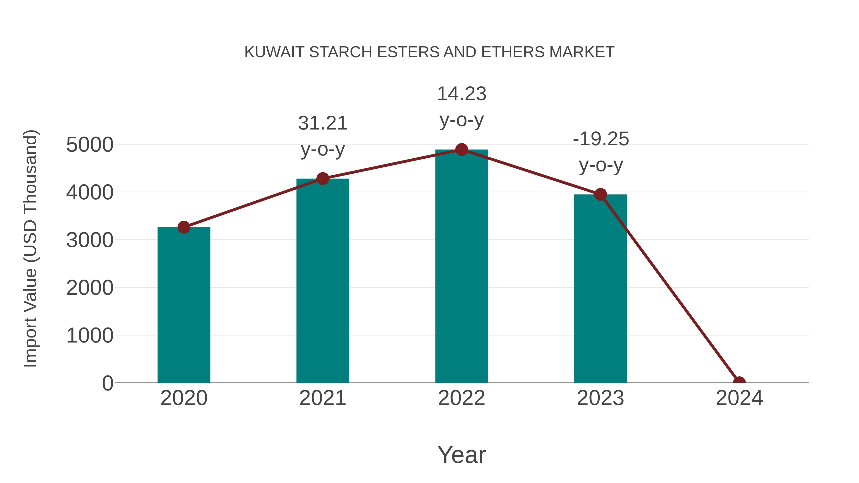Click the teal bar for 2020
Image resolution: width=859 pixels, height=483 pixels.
184,305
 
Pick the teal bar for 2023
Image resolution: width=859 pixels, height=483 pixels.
600,289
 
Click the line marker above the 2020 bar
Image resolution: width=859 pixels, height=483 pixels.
184,227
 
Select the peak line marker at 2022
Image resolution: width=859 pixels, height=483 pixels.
461,150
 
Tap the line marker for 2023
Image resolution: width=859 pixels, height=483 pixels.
600,194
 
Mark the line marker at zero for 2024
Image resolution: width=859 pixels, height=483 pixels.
739,382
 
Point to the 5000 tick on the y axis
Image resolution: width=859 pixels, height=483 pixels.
90,145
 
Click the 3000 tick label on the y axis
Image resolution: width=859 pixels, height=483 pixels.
90,240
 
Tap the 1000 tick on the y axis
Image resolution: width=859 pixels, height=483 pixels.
90,336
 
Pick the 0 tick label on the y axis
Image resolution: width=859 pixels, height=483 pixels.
108,383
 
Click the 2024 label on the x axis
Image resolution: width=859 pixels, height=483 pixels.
739,398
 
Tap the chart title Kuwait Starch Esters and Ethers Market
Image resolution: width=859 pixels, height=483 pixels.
429,52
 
